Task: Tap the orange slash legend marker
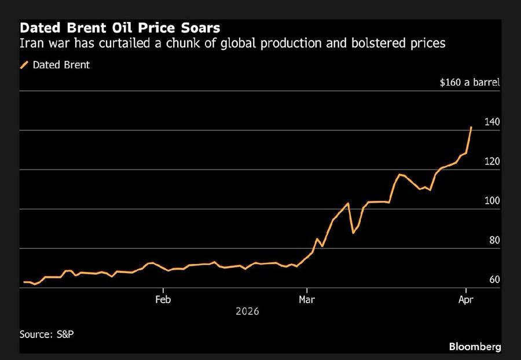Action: pyautogui.click(x=24, y=65)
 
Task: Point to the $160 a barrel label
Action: pyautogui.click(x=469, y=82)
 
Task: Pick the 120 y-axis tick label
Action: pyautogui.click(x=492, y=161)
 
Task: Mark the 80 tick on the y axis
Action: pyautogui.click(x=494, y=240)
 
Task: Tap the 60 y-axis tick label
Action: pyautogui.click(x=494, y=280)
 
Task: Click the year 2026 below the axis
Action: pyautogui.click(x=247, y=311)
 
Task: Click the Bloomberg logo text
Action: pyautogui.click(x=475, y=347)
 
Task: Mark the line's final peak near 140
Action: pyautogui.click(x=471, y=127)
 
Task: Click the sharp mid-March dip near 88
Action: pyautogui.click(x=353, y=233)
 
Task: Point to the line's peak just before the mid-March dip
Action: pyautogui.click(x=347, y=203)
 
